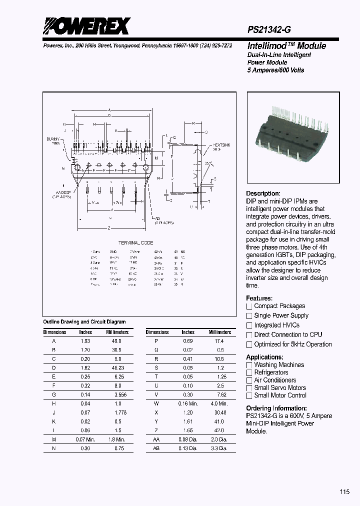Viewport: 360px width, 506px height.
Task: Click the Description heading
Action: click(263, 193)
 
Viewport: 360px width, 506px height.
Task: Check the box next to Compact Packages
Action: click(249, 306)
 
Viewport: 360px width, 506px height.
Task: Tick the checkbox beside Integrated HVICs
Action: click(249, 325)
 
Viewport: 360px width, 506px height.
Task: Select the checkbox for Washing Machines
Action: click(249, 365)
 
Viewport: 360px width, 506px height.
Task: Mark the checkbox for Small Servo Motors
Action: click(249, 388)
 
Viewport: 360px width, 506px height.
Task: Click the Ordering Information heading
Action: click(276, 408)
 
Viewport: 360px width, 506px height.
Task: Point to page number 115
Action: click(344, 492)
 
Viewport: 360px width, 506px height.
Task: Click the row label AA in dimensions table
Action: click(157, 439)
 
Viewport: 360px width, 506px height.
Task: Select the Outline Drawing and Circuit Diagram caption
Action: click(84, 322)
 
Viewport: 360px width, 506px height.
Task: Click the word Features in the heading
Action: click(258, 298)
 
